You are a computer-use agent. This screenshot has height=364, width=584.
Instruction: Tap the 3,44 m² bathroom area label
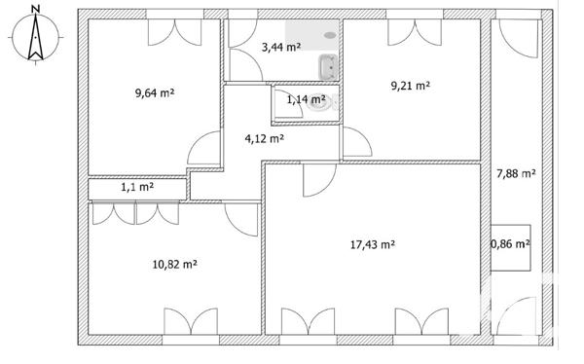[281, 46]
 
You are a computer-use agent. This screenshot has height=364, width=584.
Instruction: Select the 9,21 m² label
[410, 86]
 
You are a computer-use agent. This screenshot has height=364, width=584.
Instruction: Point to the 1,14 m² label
[304, 98]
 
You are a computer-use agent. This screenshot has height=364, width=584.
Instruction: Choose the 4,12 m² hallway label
[264, 138]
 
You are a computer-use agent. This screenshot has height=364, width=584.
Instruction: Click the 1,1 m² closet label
[136, 187]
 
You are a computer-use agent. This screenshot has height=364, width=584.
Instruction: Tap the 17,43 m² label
[372, 245]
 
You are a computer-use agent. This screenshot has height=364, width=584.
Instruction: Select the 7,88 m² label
[516, 174]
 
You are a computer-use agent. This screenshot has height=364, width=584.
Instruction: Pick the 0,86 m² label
[510, 244]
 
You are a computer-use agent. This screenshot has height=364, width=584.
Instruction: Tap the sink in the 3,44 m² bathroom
[328, 66]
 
